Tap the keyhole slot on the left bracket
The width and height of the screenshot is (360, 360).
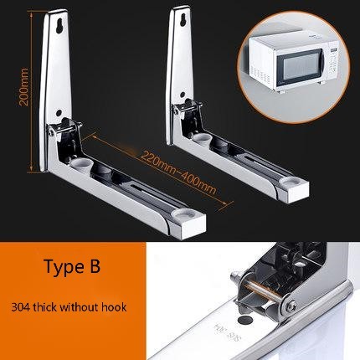pyautogui.click(x=61, y=26)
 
